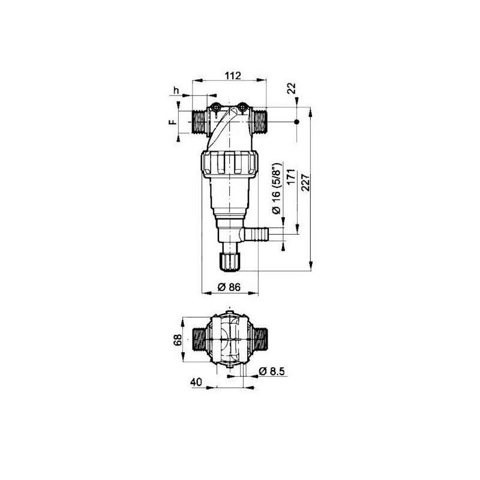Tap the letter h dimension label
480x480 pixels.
pos(176,90)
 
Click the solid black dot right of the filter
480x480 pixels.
pos(296,122)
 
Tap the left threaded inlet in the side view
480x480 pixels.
pos(199,122)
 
